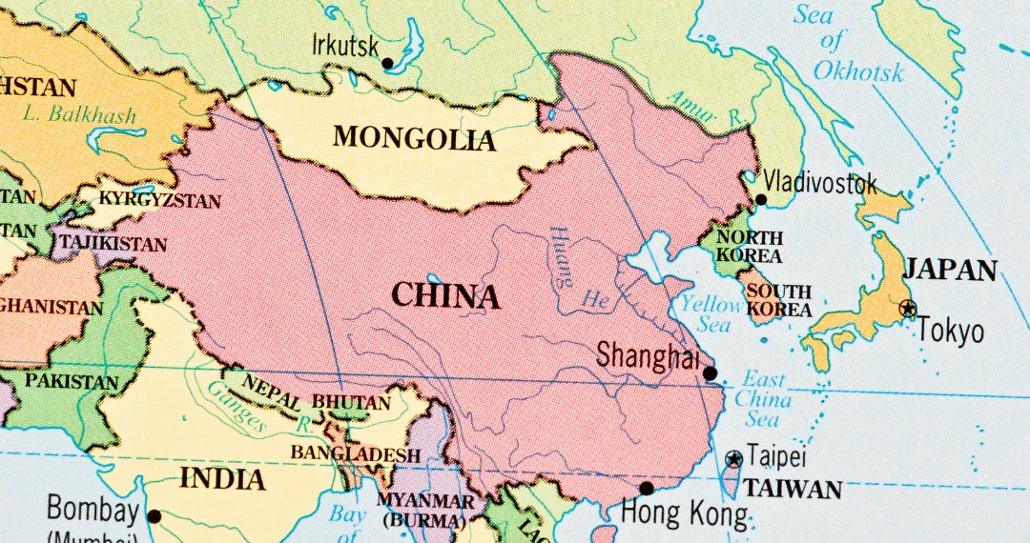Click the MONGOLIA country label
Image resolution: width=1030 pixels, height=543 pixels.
coord(414,138)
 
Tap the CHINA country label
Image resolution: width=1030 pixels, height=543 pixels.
coord(445,296)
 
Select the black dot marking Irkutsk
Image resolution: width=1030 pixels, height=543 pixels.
coord(387,64)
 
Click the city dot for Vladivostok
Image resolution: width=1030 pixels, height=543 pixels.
coord(761,200)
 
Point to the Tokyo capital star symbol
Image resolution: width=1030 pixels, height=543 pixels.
coord(908,308)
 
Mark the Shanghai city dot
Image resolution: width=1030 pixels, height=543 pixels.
coord(710,373)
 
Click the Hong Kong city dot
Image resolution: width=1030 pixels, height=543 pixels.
coord(647,489)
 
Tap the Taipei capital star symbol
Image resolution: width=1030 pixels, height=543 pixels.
coord(733,459)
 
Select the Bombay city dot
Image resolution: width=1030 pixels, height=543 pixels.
coord(154,517)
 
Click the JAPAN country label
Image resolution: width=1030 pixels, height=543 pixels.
coord(949,270)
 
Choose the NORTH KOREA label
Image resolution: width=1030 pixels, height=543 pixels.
coord(750,247)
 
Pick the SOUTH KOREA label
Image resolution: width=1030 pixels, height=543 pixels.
coord(778,300)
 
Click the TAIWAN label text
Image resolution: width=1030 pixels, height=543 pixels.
coord(793,490)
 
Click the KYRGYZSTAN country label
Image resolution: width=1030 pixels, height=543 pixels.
coord(160,201)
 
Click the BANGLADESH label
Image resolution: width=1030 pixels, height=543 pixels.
coord(356,453)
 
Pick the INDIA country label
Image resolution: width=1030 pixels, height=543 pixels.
coord(222,478)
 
